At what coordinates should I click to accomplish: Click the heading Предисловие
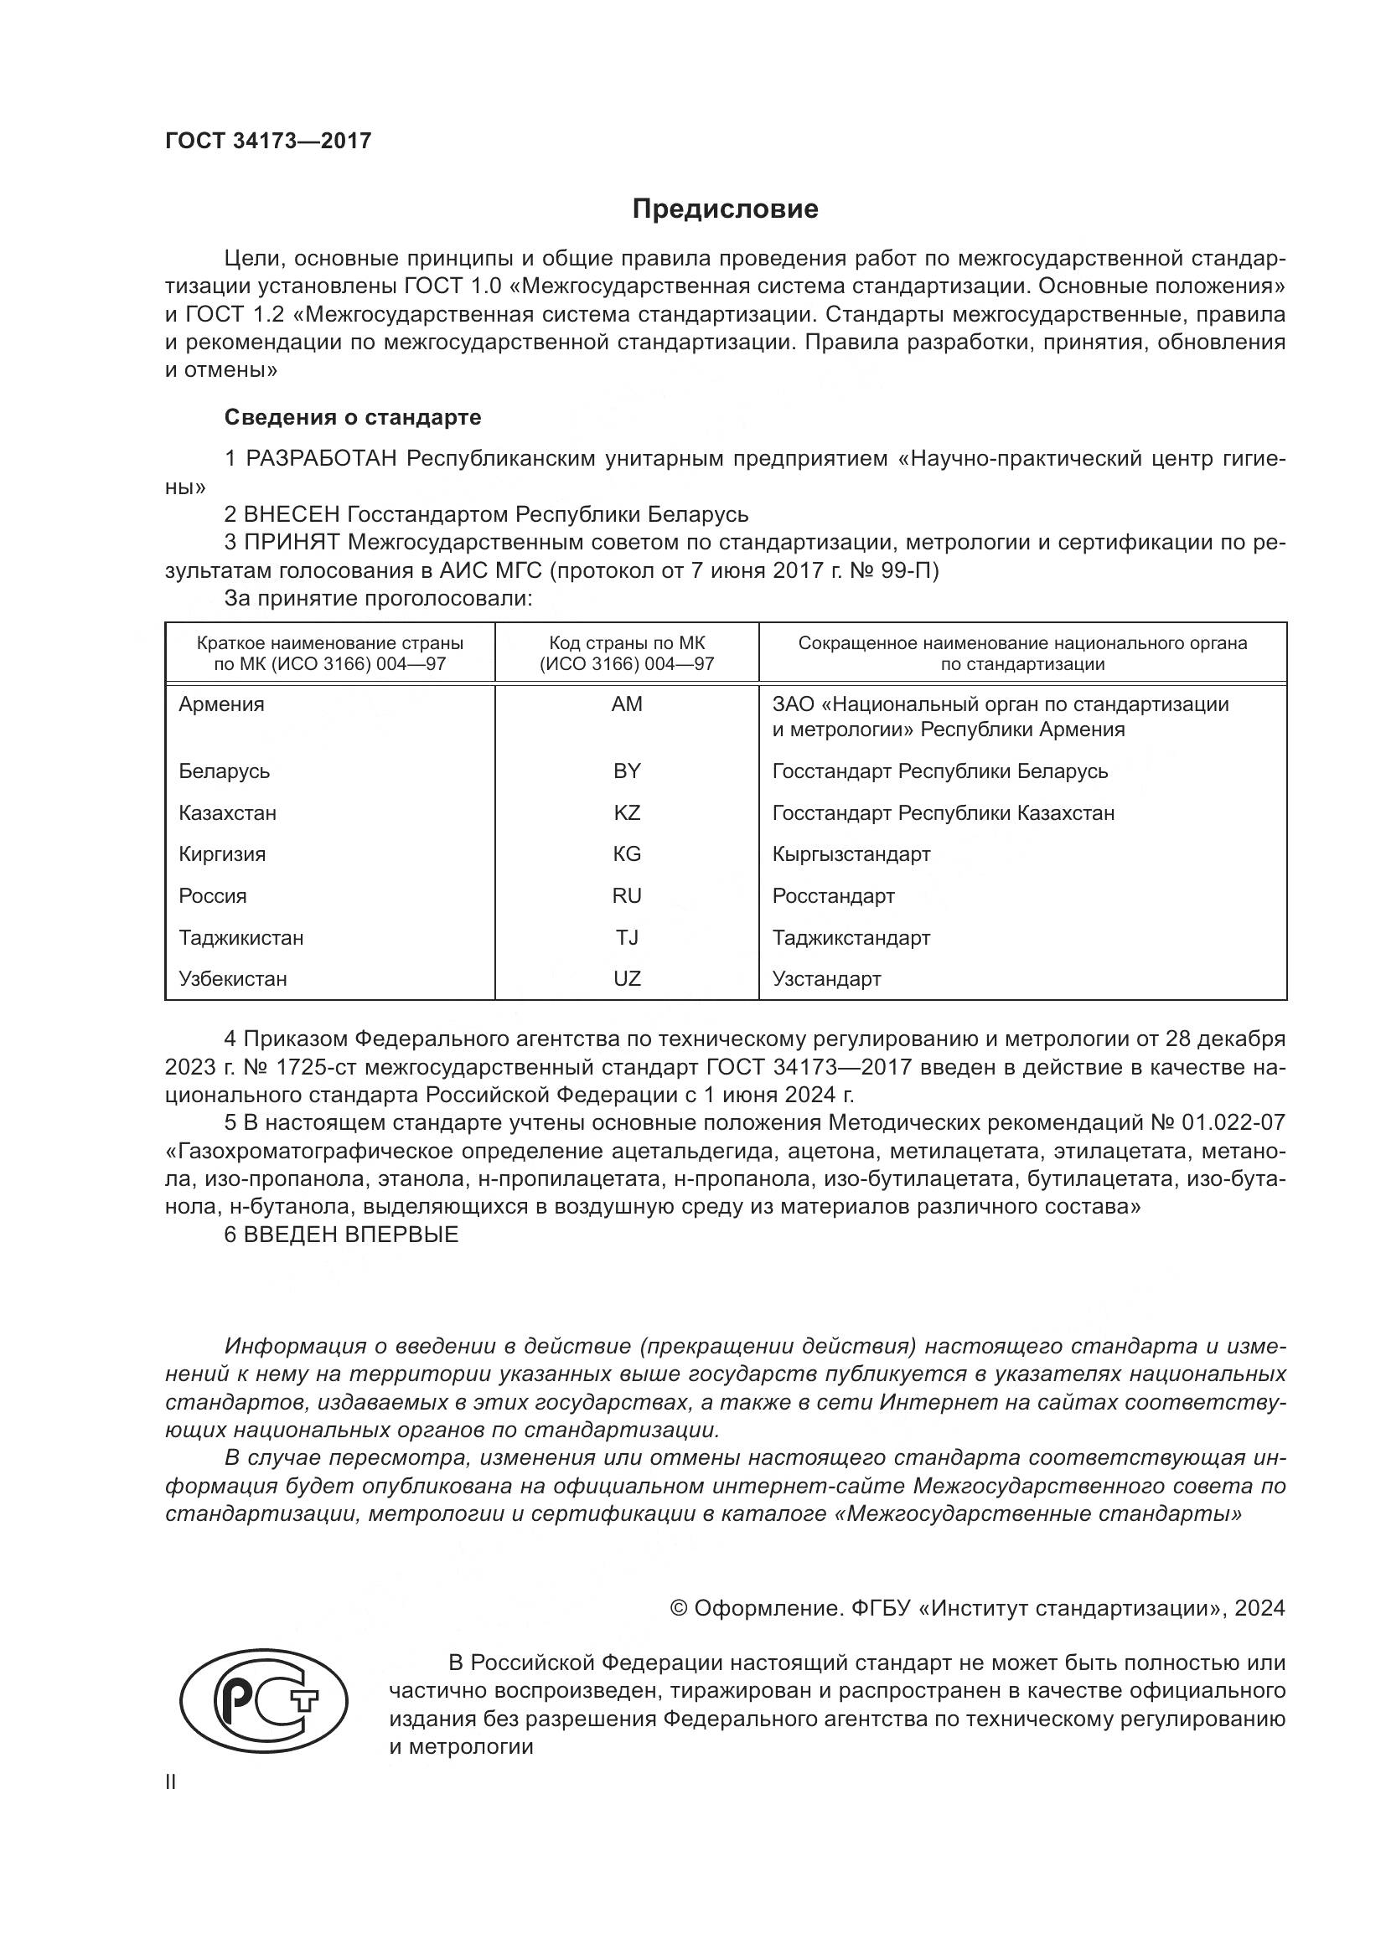point(725,209)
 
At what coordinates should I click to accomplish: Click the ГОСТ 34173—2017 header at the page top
point(268,141)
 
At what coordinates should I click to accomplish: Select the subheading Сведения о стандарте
point(353,417)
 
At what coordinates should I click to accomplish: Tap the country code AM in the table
point(627,704)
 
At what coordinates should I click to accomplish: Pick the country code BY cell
point(627,771)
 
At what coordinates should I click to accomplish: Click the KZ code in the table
point(627,813)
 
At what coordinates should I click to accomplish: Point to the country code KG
point(627,854)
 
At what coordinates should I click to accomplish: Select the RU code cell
point(627,896)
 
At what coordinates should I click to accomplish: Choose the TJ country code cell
point(627,938)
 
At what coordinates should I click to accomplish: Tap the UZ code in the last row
point(627,978)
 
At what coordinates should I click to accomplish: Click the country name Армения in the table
point(222,704)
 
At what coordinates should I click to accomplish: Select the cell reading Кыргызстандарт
point(851,854)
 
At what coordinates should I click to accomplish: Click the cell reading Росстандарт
point(833,896)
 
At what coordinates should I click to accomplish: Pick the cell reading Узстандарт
point(826,978)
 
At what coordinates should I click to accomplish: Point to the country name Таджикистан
point(240,938)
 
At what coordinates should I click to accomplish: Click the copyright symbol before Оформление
point(679,1608)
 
